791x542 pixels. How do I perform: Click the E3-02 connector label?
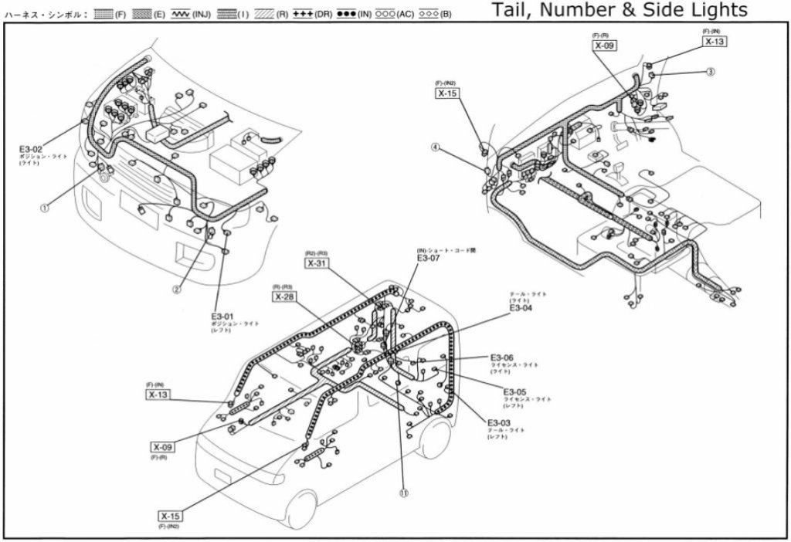(x=32, y=147)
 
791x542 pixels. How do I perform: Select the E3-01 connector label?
(x=222, y=316)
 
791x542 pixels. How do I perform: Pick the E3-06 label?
(x=501, y=357)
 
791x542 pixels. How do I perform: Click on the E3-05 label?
(x=514, y=392)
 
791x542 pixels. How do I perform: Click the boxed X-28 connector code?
(x=284, y=296)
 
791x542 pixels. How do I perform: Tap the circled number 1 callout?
(x=46, y=208)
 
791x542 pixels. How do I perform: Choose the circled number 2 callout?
(x=177, y=290)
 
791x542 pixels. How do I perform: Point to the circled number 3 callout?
(x=710, y=72)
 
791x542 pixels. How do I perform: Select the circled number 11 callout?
(x=403, y=493)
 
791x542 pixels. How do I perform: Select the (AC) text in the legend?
(x=405, y=15)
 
